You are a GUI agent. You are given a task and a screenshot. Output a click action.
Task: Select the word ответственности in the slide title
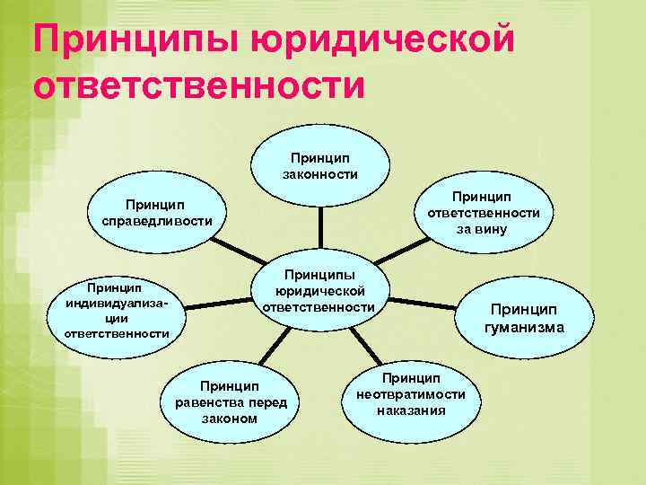tap(199, 87)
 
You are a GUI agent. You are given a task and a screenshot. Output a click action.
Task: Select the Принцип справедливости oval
tap(157, 212)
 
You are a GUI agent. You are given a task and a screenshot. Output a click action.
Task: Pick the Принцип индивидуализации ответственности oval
tap(117, 311)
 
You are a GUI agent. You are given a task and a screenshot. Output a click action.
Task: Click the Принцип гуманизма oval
tap(524, 318)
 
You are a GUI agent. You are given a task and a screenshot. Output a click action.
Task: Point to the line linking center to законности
tap(320, 228)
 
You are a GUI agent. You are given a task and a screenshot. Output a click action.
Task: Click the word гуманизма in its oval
tap(524, 327)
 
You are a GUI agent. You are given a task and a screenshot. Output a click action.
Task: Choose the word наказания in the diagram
tap(411, 410)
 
